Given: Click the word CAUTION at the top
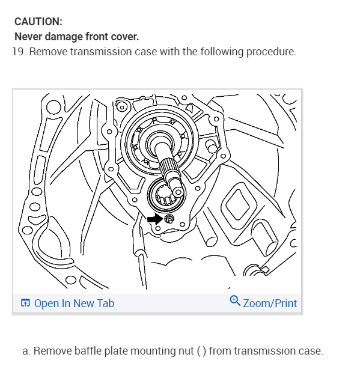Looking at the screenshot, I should coord(38,22).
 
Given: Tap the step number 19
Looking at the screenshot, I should coord(18,52).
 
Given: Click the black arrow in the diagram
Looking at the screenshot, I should coord(154,219).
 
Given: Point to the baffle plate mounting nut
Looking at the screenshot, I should coord(169,220).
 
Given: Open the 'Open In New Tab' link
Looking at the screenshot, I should coord(74,303).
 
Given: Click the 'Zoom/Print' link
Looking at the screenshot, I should coord(270,303).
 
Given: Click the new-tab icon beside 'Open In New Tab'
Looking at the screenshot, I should coord(25,303).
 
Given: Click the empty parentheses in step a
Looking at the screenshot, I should coord(201,351).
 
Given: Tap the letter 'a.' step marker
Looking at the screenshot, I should coord(26,351).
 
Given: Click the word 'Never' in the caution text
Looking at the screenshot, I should coord(27,37).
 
